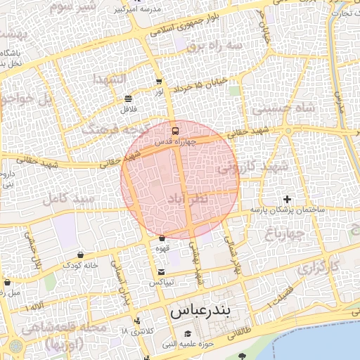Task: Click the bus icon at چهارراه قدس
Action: (175, 131)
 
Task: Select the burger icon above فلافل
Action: (127, 99)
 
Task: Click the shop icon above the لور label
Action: (159, 82)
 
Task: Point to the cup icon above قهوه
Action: (162, 238)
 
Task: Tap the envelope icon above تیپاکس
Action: (162, 271)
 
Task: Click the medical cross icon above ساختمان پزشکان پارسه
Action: (287, 200)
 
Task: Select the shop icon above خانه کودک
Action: (79, 255)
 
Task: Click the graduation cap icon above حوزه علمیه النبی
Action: (188, 334)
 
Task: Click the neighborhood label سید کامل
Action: (69, 200)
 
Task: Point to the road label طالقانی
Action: (239, 328)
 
